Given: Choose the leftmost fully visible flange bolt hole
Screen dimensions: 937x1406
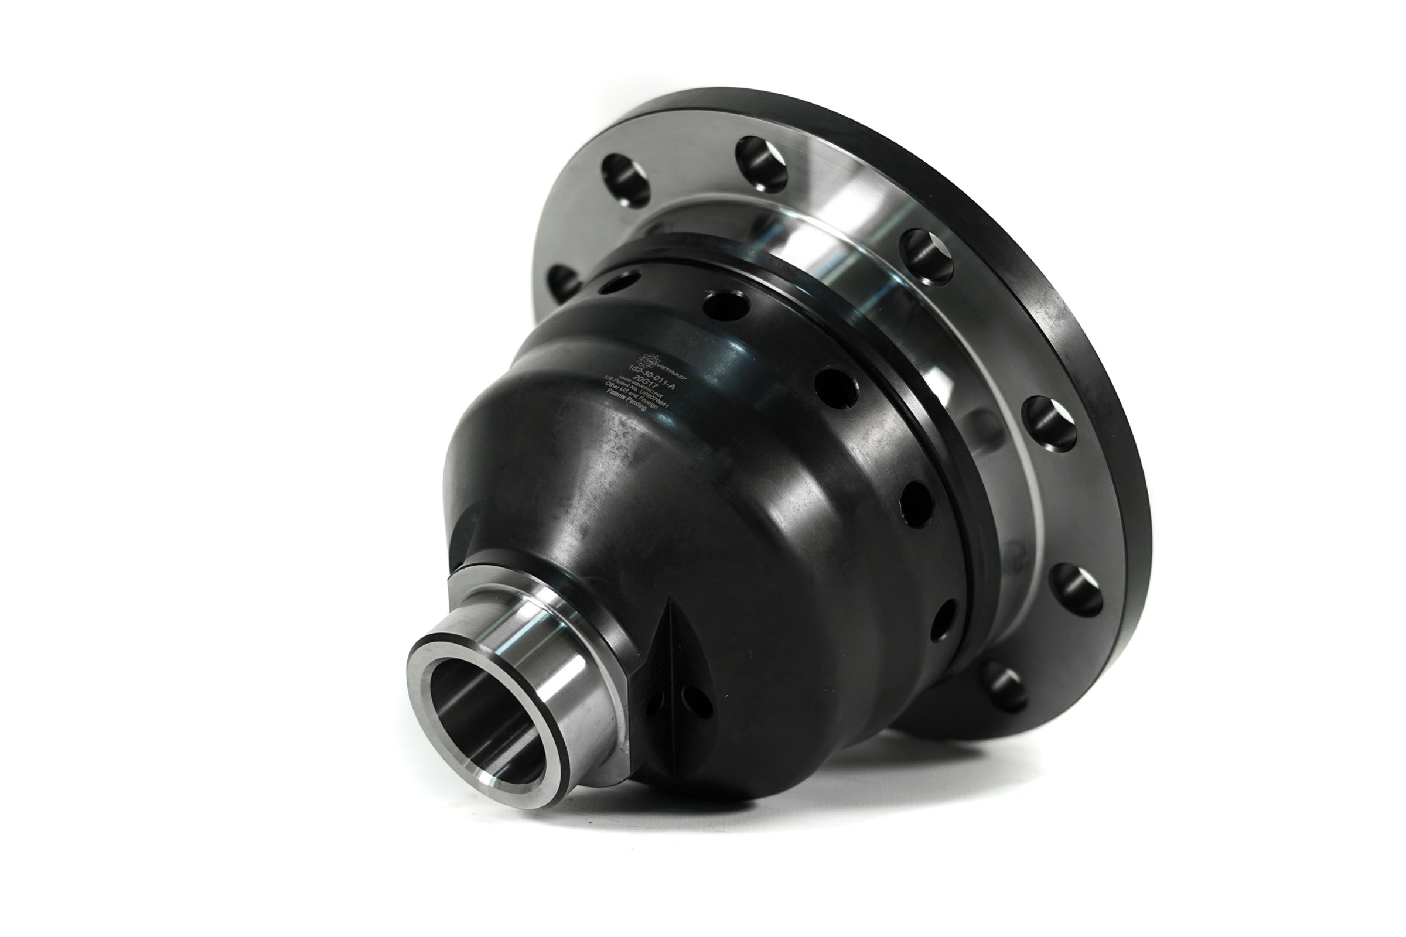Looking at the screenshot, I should [x=625, y=179].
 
